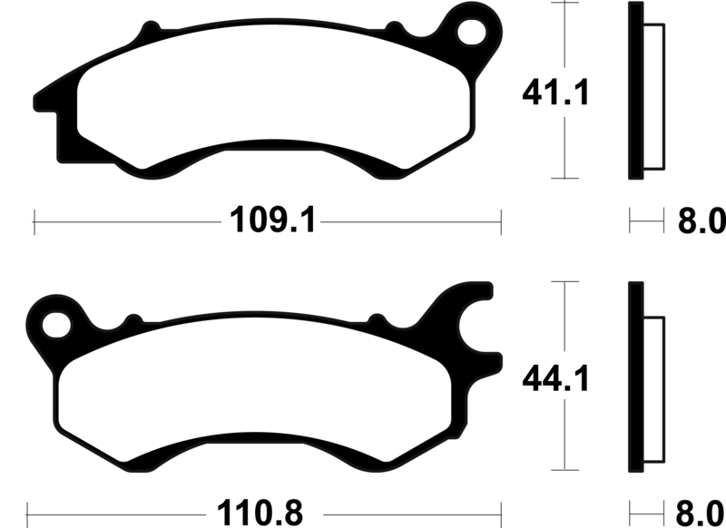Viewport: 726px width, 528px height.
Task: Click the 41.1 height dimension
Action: click(555, 93)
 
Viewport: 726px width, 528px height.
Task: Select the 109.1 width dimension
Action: click(270, 220)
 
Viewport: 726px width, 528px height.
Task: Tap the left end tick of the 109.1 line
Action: click(34, 220)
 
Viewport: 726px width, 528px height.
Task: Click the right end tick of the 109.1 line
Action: click(500, 220)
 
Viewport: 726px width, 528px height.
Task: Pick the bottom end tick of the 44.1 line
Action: click(565, 473)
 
